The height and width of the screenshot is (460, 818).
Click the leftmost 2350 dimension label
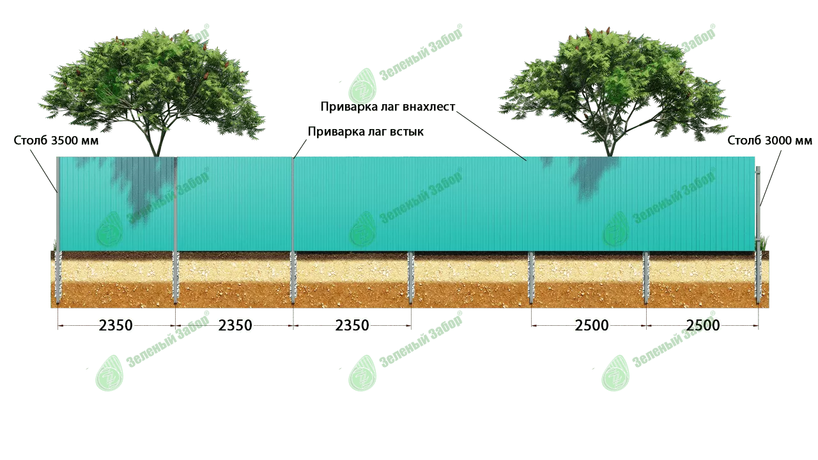point(116,326)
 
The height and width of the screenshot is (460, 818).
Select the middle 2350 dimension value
point(235,326)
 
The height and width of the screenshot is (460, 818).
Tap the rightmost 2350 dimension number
point(352,326)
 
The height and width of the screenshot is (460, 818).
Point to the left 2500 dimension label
point(591,326)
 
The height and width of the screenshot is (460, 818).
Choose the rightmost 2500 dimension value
point(703,326)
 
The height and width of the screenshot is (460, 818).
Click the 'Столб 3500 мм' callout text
point(56,141)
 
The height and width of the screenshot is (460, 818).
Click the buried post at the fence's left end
point(58,278)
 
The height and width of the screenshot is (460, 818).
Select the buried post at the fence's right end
point(759,278)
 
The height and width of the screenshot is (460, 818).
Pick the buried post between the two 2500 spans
point(646,278)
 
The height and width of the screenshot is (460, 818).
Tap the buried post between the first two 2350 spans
point(176,278)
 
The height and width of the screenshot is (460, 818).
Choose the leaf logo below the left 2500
point(614,372)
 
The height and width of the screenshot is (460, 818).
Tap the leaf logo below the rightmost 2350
point(362,372)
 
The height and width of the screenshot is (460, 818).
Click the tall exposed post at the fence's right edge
point(759,204)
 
